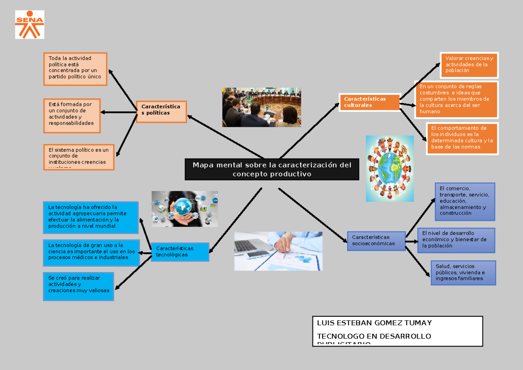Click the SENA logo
[x=30, y=24]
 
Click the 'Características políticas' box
[x=161, y=112]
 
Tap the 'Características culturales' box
[x=369, y=102]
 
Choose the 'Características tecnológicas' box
[x=180, y=251]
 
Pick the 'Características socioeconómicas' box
[x=376, y=240]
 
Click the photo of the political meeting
[x=261, y=107]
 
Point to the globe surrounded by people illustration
[x=390, y=168]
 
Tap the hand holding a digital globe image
[x=184, y=208]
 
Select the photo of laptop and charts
[x=278, y=251]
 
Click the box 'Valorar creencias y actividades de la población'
[x=469, y=64]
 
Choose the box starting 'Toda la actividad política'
[x=75, y=69]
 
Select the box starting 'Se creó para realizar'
[x=78, y=286]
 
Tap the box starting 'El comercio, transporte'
[x=465, y=201]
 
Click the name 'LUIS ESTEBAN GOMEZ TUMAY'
[x=374, y=323]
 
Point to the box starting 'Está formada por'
[x=72, y=115]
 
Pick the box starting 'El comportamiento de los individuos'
[x=462, y=138]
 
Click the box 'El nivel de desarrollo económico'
[x=456, y=240]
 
